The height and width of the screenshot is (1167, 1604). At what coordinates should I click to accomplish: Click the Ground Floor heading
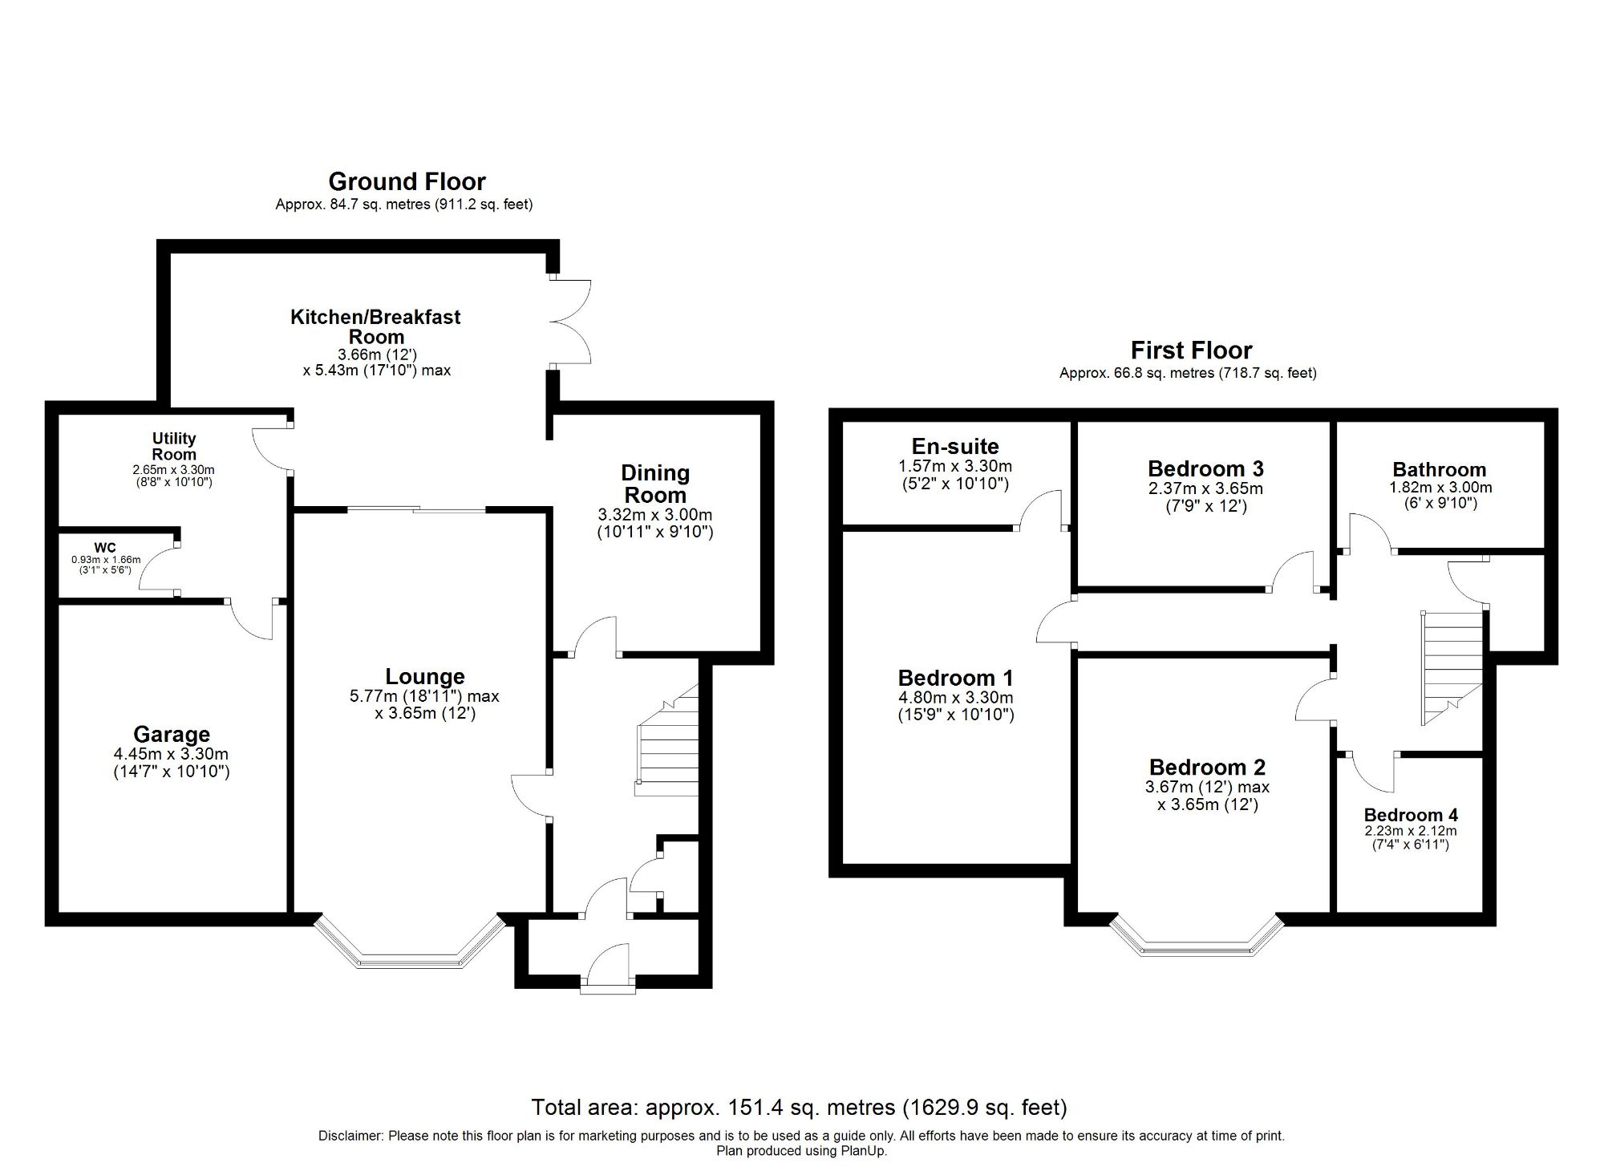coord(407,181)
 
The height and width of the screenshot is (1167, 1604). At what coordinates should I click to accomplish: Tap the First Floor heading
coord(1191,351)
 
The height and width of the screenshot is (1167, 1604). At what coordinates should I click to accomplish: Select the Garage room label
coord(172,734)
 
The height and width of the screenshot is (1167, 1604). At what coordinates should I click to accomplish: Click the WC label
coord(105,549)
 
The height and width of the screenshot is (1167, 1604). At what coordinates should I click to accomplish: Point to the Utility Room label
coord(174,446)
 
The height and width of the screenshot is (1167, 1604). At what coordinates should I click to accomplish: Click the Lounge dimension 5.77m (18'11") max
coord(424,696)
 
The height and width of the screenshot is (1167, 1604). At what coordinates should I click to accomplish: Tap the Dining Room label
coord(655,484)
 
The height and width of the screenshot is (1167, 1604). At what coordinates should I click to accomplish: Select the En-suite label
coord(955,447)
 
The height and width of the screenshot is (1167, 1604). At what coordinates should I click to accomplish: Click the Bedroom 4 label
coord(1411,815)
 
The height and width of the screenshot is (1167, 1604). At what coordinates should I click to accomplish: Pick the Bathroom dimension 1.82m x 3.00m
coord(1440,488)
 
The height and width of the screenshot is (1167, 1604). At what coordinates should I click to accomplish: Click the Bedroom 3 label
coord(1205,468)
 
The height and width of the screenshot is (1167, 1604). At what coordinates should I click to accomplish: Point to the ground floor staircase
coord(667,742)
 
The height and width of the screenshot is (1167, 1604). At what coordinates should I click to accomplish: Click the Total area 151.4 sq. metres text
coord(799,1108)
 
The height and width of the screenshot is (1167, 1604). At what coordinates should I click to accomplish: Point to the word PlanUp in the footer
coord(861,1151)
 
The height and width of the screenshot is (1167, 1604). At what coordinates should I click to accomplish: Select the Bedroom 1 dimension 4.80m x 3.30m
coord(955,698)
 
